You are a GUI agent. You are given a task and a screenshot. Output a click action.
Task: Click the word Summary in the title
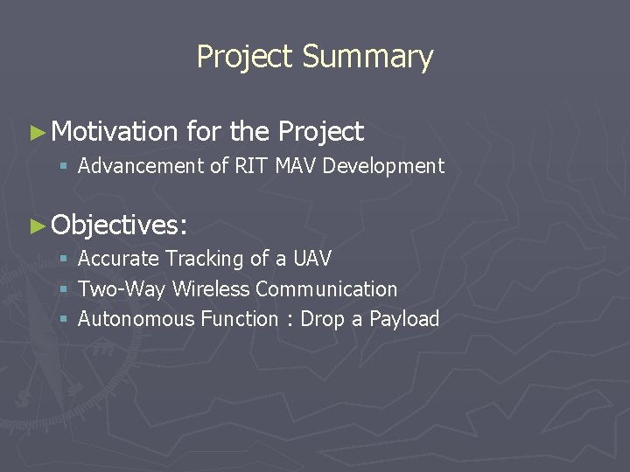click(367, 57)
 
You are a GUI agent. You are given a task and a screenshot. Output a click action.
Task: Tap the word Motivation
click(115, 132)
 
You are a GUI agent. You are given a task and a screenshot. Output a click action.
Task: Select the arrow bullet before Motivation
click(37, 133)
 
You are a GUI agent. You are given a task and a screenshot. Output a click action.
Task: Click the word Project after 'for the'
click(320, 132)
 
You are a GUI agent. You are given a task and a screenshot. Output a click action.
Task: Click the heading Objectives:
click(119, 225)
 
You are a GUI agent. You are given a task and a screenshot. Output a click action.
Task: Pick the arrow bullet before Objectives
click(37, 226)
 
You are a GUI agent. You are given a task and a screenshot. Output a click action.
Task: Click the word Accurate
click(118, 259)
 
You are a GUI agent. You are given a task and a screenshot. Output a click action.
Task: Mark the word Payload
click(404, 319)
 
